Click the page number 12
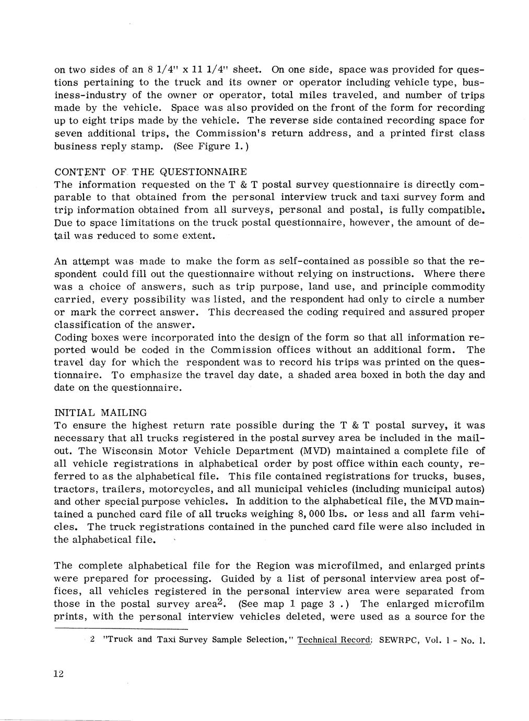[58, 674]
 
